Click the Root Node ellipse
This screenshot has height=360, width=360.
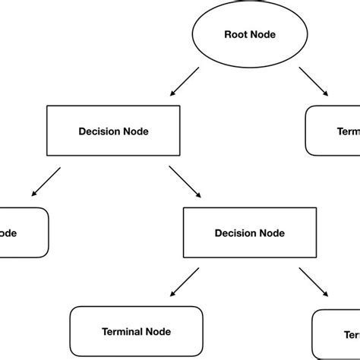(x=249, y=34)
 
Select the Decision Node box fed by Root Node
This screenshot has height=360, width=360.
(x=113, y=131)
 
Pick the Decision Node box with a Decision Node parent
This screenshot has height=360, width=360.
(x=250, y=233)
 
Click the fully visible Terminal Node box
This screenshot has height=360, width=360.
(x=136, y=332)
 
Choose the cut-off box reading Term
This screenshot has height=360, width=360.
(x=333, y=131)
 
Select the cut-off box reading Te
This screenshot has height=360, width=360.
(x=337, y=333)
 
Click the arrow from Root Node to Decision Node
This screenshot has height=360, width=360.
(x=185, y=82)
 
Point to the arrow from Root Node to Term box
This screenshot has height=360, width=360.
(x=314, y=82)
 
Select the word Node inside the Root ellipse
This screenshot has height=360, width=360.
(x=262, y=34)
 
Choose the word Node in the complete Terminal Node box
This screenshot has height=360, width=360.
(x=159, y=332)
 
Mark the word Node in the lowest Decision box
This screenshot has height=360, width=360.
(x=271, y=233)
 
